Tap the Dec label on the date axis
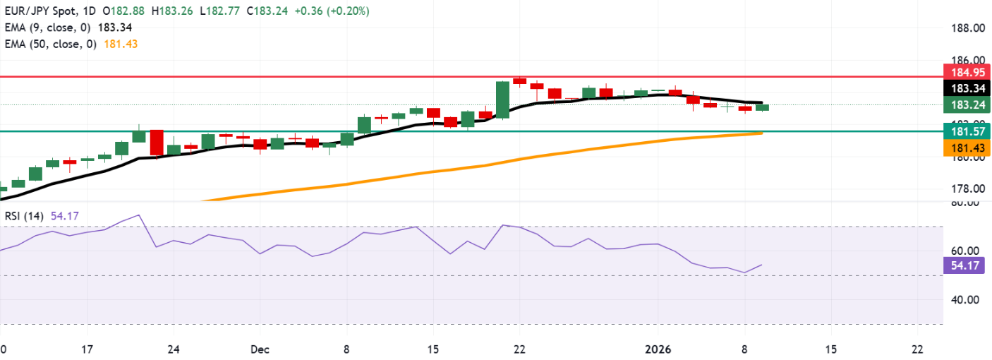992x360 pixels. click(260, 349)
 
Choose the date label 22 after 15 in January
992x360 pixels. click(917, 349)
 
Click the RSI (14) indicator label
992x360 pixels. click(21, 217)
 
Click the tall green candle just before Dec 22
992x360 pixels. click(502, 100)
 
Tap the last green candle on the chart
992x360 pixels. click(762, 107)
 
